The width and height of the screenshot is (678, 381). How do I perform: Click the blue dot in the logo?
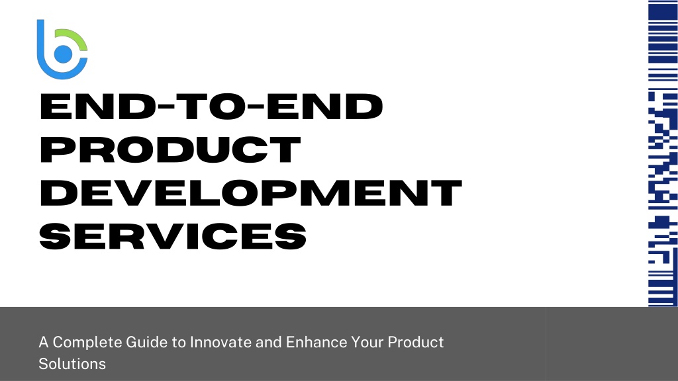[x=63, y=54]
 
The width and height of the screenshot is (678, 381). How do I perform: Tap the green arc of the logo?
[x=76, y=36]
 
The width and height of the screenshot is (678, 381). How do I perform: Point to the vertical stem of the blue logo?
[x=40, y=41]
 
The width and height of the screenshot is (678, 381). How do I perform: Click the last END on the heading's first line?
[x=324, y=106]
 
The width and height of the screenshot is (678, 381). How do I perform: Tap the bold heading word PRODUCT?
[x=170, y=149]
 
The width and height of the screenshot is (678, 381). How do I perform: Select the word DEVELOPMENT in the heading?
[x=251, y=192]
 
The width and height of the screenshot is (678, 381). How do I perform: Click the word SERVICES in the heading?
[x=173, y=236]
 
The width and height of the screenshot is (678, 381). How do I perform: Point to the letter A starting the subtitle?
[x=43, y=342]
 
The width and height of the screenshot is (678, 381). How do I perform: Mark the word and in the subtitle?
[x=269, y=342]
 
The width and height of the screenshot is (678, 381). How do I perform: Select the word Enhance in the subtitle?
[x=316, y=342]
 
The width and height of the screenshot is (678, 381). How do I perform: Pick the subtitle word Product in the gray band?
[x=416, y=342]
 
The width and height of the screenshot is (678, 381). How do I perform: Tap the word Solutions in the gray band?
[x=72, y=364]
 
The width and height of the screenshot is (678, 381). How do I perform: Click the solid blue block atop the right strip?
[x=662, y=10]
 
